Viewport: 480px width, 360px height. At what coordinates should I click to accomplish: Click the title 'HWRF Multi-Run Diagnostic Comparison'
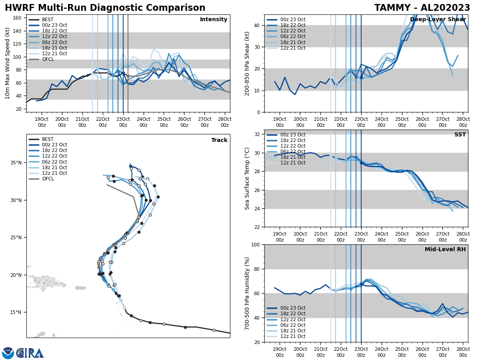coord(105,8)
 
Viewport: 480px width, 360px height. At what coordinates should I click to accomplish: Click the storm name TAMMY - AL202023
coord(422,8)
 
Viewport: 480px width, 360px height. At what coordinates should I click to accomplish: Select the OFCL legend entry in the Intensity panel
coord(48,59)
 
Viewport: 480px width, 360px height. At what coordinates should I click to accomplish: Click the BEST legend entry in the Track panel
coord(48,139)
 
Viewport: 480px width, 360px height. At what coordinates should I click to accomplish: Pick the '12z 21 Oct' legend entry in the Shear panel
coord(293,48)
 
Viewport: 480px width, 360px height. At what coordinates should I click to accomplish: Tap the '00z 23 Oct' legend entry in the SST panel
coord(293,135)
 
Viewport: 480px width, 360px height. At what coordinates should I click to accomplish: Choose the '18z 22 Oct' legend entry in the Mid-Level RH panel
coord(293,314)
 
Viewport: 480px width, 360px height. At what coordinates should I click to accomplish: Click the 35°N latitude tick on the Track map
coord(16,163)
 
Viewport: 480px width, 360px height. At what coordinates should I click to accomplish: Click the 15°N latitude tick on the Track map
coord(16,312)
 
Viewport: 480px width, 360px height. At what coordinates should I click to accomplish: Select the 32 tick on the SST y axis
coord(258,134)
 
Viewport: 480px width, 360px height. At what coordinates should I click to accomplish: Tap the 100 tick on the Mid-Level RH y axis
coord(256,244)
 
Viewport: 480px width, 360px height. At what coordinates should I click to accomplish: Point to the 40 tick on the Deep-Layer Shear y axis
coord(258,25)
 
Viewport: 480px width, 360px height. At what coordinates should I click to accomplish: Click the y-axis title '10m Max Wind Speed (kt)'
coord(7,63)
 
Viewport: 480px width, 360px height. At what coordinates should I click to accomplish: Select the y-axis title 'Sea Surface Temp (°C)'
coord(247,178)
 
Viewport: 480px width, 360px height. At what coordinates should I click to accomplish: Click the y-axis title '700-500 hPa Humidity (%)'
coord(247,293)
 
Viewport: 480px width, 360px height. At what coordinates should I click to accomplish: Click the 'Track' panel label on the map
coord(219,140)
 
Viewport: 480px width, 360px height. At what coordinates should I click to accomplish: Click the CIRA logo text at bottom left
coord(30,353)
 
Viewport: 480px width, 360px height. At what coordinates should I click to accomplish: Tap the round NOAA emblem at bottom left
coord(8,353)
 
